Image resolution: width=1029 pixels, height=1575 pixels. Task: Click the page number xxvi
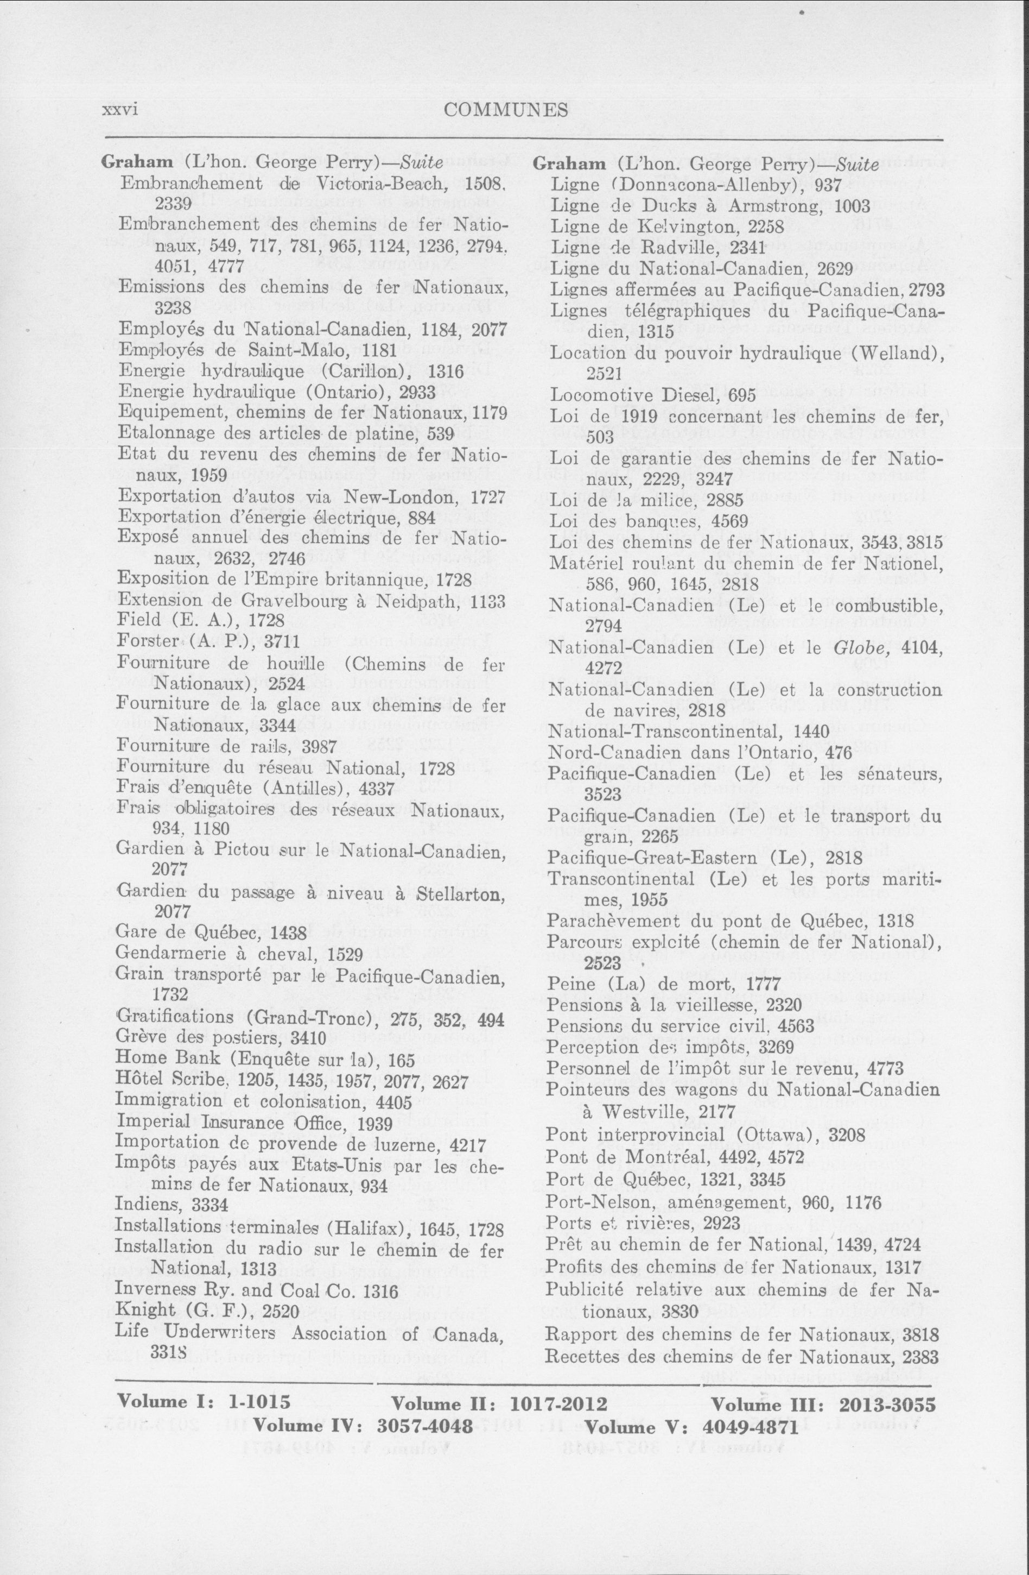pyautogui.click(x=120, y=110)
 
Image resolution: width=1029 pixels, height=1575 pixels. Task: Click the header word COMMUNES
pyautogui.click(x=506, y=110)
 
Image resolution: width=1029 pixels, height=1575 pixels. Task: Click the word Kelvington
pyautogui.click(x=690, y=227)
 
